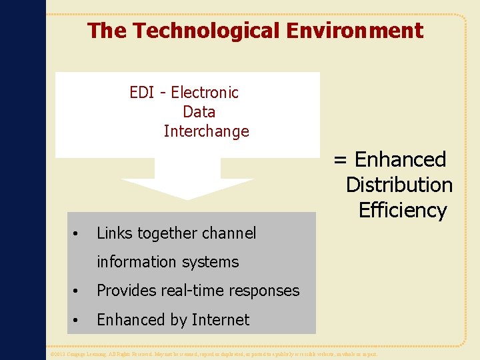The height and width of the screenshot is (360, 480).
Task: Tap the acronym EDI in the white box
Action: tap(142, 93)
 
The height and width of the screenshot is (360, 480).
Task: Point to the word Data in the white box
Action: tap(199, 112)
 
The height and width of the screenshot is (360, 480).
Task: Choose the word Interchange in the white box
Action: tap(206, 131)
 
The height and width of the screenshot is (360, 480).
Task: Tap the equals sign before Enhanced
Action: tap(340, 160)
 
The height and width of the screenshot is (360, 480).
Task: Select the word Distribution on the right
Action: tap(399, 185)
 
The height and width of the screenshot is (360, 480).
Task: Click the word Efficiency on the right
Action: tap(402, 211)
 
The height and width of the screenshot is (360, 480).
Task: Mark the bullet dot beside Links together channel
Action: tap(77, 234)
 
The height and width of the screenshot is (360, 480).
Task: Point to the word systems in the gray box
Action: tap(211, 262)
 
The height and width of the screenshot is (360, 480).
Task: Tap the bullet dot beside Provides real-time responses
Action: tap(77, 291)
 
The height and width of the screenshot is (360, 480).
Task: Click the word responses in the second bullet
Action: tap(263, 291)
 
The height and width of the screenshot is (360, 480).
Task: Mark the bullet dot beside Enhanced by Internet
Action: tap(77, 321)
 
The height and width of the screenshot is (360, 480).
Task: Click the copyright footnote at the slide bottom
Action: tap(213, 354)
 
